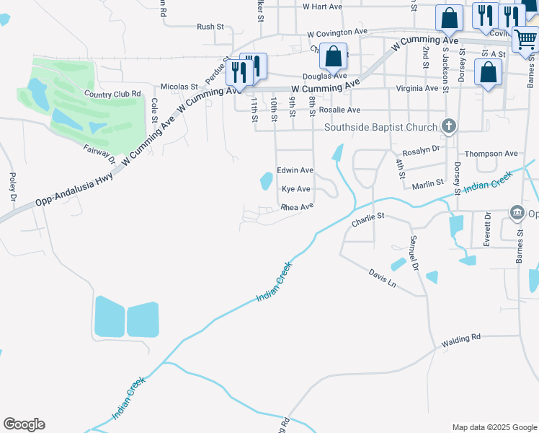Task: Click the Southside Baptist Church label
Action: (380, 128)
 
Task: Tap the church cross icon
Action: (449, 127)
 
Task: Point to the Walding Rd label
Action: (461, 338)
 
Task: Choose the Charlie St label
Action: (369, 219)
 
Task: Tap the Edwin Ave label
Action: (295, 170)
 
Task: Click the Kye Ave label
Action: (295, 189)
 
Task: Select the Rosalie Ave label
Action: (339, 110)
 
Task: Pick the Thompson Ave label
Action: (491, 154)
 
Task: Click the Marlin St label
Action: (427, 185)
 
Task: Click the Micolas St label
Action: (179, 87)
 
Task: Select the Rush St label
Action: (210, 27)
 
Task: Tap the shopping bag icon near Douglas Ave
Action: (333, 56)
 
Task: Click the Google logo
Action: (24, 424)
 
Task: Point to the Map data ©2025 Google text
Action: (494, 427)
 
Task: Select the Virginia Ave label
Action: (416, 88)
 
